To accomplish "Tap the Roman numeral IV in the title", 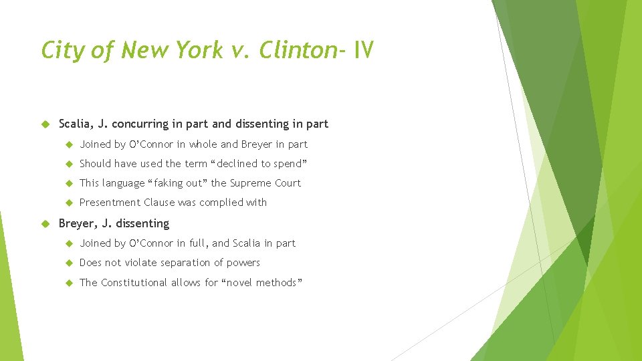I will pyautogui.click(x=364, y=50).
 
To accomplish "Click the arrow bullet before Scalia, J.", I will pyautogui.click(x=45, y=124).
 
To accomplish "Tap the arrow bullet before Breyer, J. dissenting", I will pyautogui.click(x=45, y=223).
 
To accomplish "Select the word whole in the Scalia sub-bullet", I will pyautogui.click(x=203, y=144).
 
